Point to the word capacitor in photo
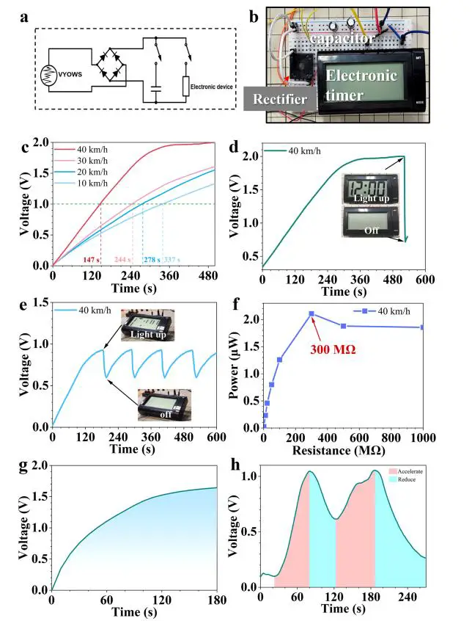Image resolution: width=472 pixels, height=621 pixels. (x=343, y=37)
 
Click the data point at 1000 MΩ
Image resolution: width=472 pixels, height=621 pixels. (x=423, y=327)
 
